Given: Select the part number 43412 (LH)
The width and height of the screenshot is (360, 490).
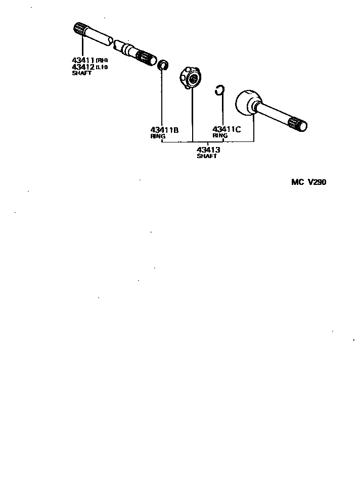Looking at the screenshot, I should [84, 67].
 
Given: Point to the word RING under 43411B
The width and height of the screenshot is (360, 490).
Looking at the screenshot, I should [158, 136].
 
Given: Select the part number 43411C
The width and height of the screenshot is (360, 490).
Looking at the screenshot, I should [227, 129].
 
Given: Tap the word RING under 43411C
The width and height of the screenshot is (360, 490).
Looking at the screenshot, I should [220, 136].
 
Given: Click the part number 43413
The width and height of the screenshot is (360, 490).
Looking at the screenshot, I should [208, 150].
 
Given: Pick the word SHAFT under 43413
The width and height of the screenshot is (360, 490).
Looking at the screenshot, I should [207, 157].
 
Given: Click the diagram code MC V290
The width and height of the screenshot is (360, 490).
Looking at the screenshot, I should [308, 183].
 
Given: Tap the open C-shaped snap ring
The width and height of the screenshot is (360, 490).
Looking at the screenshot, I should [219, 91].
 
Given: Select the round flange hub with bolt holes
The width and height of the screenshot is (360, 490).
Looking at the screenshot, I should [191, 78].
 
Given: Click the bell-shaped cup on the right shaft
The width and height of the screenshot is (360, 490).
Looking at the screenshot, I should [248, 103].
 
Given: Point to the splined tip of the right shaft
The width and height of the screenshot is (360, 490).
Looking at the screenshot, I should [298, 124].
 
